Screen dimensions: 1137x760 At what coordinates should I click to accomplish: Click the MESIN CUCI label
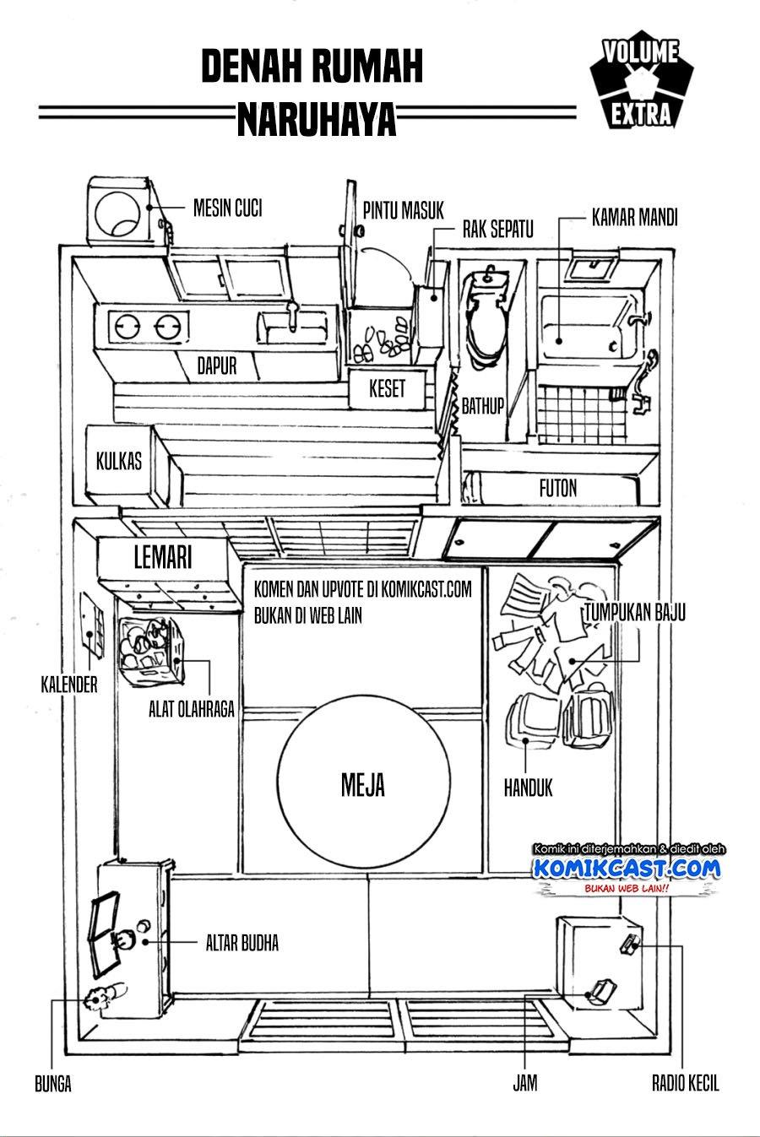pos(227,207)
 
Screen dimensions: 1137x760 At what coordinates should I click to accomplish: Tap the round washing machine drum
pos(118,214)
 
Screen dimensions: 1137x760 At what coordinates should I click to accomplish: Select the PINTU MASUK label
pos(403,209)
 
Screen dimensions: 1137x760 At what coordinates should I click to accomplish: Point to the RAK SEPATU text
pos(497,229)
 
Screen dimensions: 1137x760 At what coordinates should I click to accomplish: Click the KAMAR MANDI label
pos(634,217)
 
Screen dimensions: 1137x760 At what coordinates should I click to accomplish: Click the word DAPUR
pos(216,365)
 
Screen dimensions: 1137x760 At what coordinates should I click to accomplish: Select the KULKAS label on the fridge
pos(119,461)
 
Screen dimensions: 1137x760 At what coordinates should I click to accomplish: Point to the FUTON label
pos(557,487)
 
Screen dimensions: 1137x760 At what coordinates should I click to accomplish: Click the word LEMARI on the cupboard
pos(164,557)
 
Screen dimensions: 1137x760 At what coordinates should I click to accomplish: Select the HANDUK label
pos(529,788)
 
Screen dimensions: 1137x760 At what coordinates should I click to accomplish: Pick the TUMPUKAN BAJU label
pos(632,613)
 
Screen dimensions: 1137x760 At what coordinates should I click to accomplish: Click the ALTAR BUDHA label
pos(242,943)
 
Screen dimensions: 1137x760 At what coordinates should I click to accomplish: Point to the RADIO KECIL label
pos(685,1083)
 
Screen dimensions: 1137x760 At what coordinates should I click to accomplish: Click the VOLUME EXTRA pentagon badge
pos(641,84)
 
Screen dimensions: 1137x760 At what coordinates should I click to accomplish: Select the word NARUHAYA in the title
pos(317,121)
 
